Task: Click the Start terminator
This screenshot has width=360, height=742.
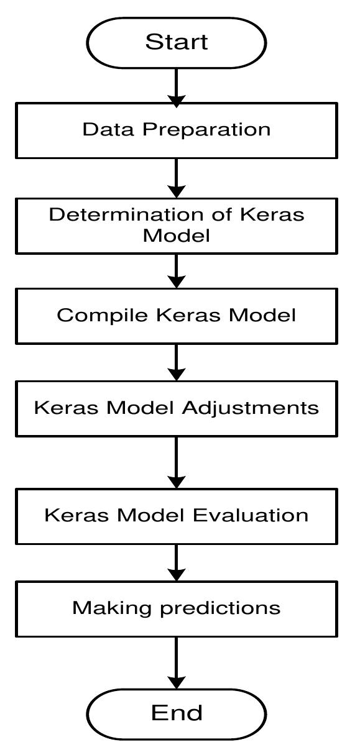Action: click(177, 42)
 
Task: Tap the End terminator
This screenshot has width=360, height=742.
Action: click(177, 712)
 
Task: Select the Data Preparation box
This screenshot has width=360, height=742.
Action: click(177, 130)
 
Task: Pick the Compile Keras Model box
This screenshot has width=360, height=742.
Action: click(177, 315)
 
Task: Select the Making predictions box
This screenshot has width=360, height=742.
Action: click(177, 608)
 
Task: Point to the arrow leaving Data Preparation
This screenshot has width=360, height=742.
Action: click(177, 178)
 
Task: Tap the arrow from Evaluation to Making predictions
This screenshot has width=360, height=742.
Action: click(177, 562)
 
